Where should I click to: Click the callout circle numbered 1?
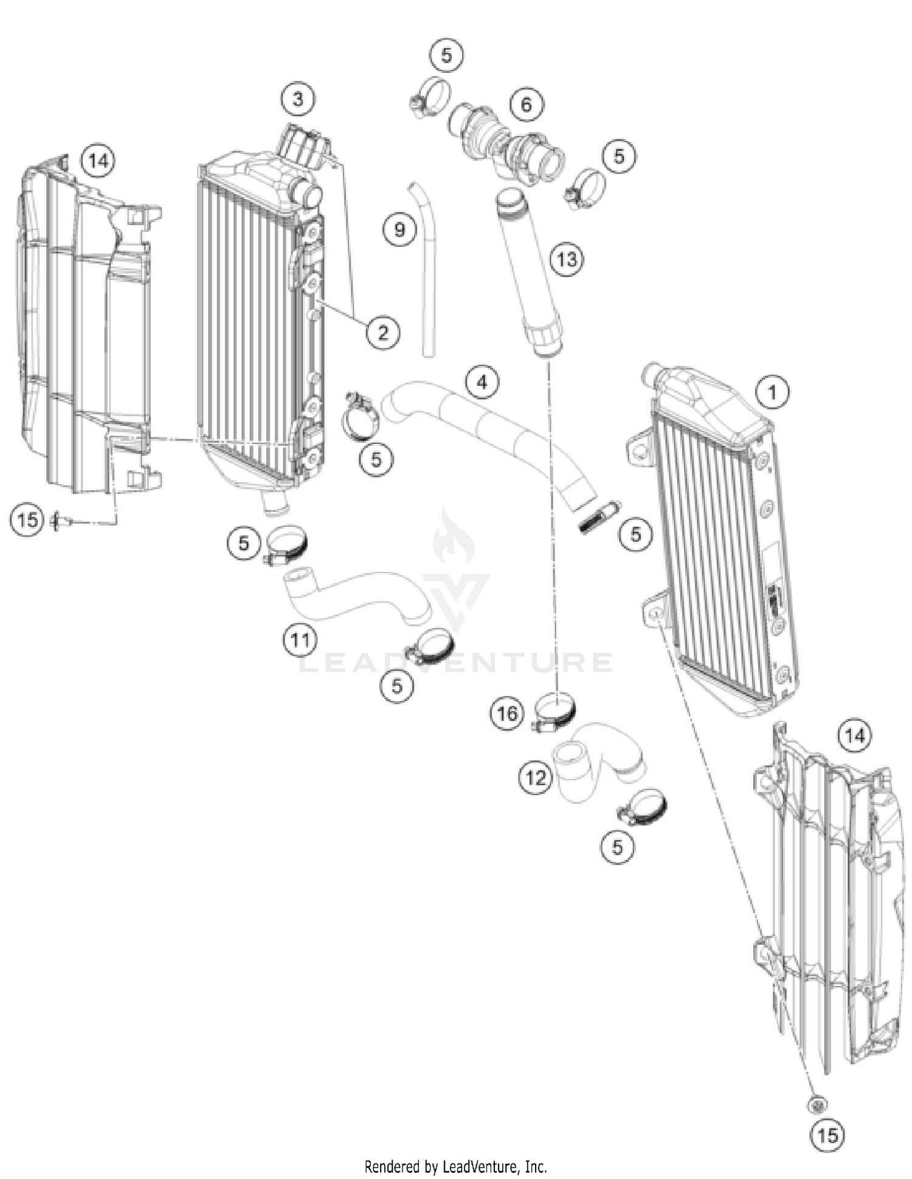click(773, 392)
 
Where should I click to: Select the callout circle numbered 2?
click(382, 332)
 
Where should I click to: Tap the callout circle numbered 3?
click(298, 99)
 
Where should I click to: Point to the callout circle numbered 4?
click(482, 382)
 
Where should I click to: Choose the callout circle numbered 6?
click(526, 104)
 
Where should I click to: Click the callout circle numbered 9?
click(399, 229)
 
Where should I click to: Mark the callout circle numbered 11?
click(300, 640)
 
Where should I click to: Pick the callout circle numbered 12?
click(536, 777)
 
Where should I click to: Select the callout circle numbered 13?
click(567, 260)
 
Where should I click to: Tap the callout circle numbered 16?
click(507, 712)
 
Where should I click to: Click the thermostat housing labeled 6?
click(505, 143)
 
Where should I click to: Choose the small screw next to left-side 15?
click(62, 520)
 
